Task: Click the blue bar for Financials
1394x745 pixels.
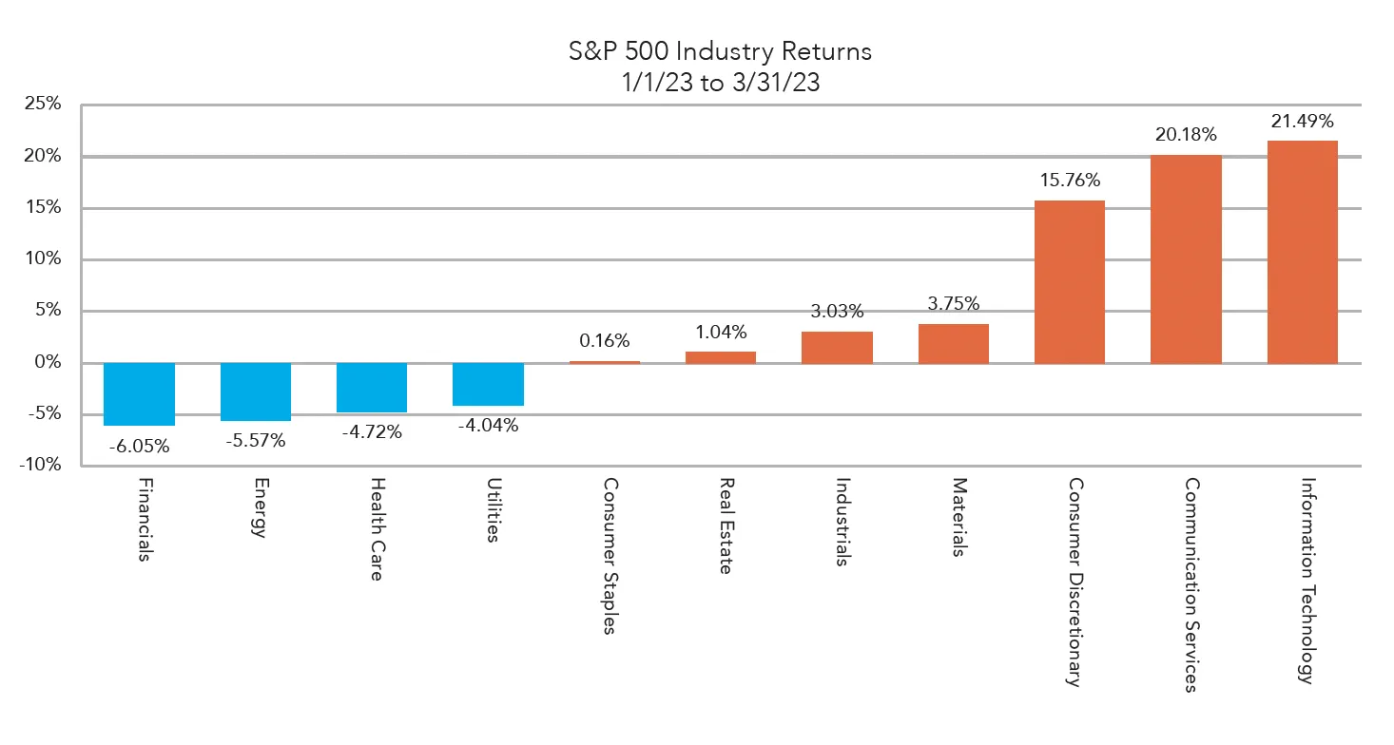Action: [x=139, y=393]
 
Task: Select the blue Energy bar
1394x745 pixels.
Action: [x=256, y=392]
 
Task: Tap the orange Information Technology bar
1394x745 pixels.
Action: [x=1302, y=252]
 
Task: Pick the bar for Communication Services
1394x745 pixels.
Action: [x=1186, y=258]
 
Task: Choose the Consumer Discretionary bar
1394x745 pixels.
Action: [x=1070, y=281]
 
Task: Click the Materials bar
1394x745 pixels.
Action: [x=953, y=343]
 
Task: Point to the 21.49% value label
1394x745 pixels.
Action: [x=1302, y=121]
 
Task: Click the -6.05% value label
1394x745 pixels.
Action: [x=139, y=446]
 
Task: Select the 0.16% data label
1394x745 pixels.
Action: [x=605, y=340]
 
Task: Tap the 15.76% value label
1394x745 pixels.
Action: [x=1070, y=180]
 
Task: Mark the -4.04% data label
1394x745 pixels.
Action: [x=488, y=426]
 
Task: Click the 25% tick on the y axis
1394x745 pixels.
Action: [x=42, y=105]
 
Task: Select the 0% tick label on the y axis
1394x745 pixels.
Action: [x=47, y=362]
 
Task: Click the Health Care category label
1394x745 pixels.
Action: [x=375, y=528]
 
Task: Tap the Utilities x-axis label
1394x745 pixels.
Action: [x=492, y=509]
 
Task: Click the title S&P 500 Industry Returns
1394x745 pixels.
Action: [x=720, y=51]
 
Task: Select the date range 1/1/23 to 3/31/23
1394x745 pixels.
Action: [x=720, y=83]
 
